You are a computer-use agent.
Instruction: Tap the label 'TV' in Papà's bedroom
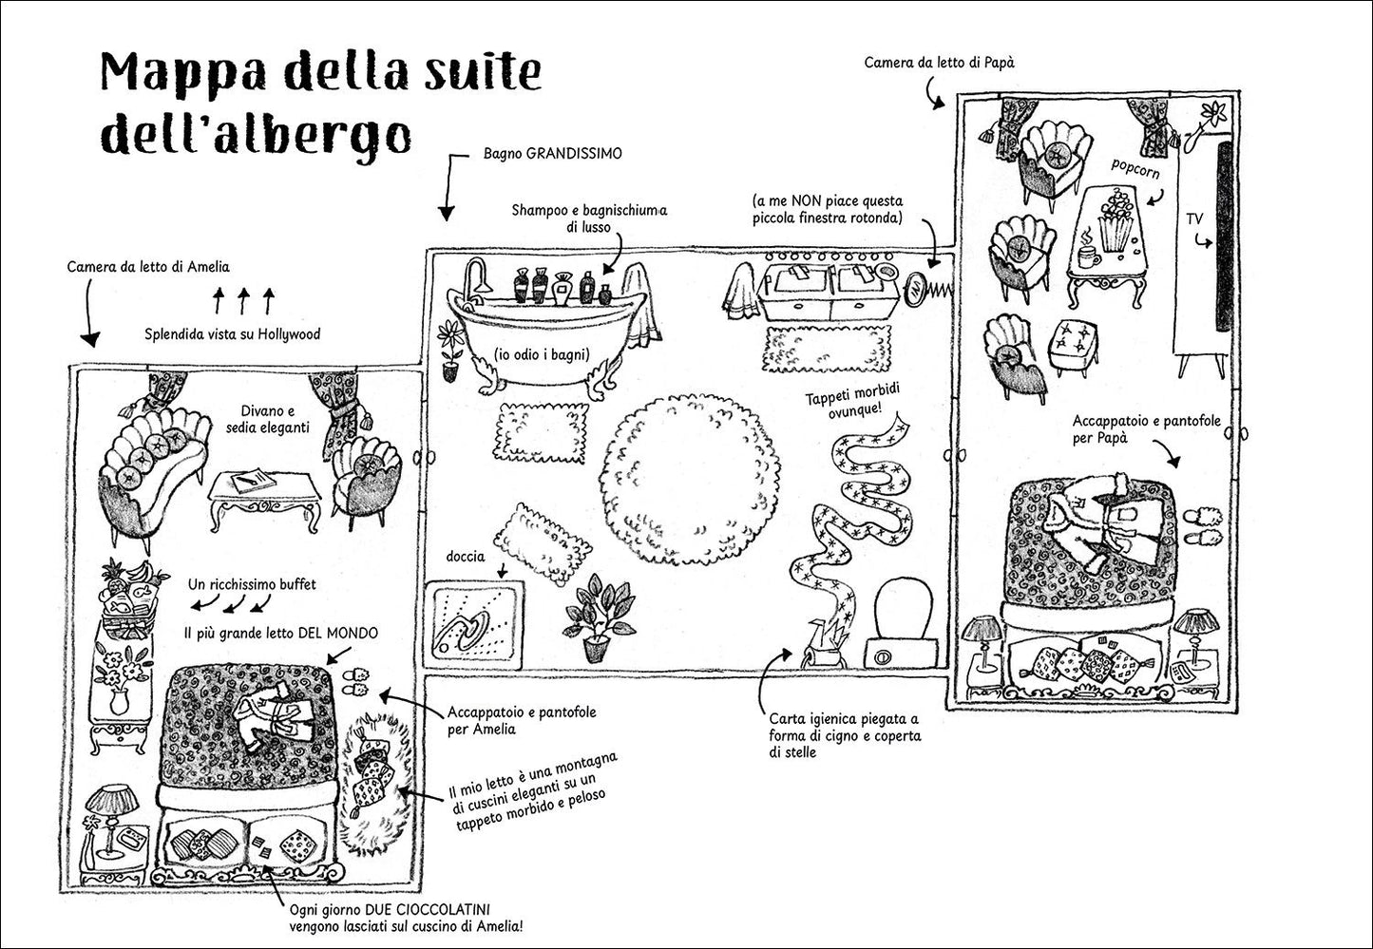[1194, 219]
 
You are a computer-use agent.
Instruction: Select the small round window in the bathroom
[916, 290]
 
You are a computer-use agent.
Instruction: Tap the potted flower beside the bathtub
[450, 348]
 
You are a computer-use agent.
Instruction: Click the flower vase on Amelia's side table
[121, 679]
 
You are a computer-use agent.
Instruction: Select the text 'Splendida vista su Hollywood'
[232, 334]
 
